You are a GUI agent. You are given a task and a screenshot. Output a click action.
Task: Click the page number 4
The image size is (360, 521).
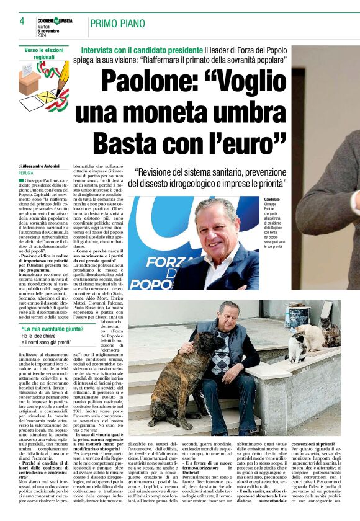[x=22, y=21]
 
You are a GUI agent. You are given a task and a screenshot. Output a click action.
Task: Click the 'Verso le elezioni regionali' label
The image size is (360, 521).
[x=44, y=53]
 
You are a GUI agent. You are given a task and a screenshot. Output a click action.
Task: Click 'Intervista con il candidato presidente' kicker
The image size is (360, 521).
[x=142, y=49]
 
